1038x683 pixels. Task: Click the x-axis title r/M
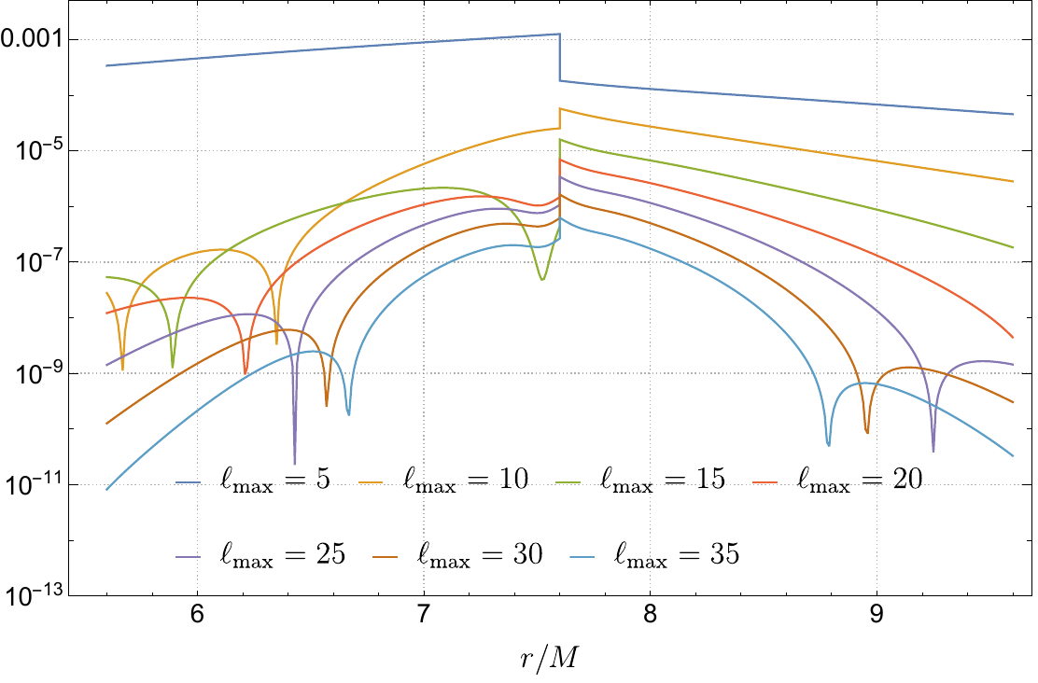[x=546, y=661]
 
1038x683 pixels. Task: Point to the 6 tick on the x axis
[x=197, y=617]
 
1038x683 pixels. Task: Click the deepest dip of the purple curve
[x=295, y=461]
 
